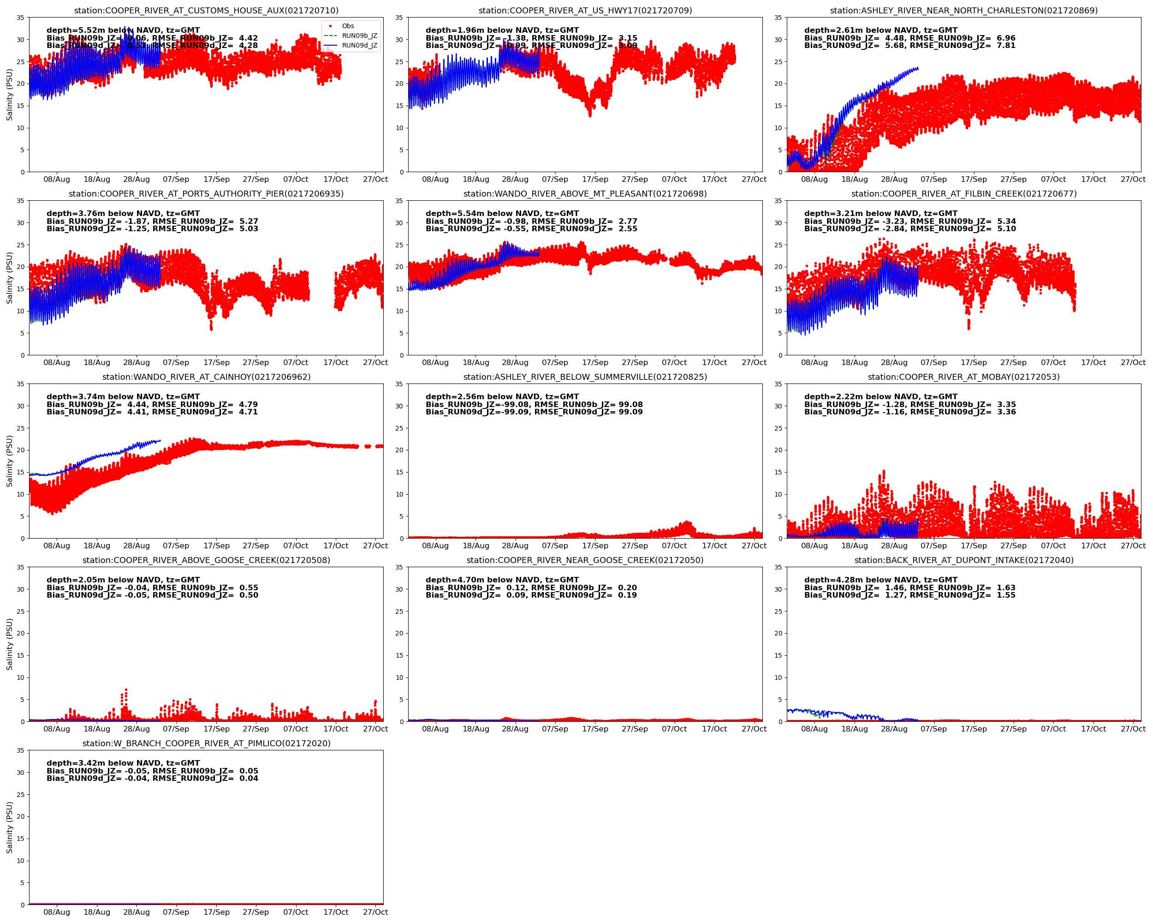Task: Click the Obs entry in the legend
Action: [x=348, y=26]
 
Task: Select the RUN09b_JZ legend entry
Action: [x=359, y=36]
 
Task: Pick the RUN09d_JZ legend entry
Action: [x=359, y=46]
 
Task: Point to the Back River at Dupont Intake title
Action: [x=964, y=560]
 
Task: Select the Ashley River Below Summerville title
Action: [x=585, y=377]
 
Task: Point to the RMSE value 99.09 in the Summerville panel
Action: [x=630, y=412]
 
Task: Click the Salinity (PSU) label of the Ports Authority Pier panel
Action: [x=9, y=278]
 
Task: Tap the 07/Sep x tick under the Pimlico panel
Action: [x=176, y=912]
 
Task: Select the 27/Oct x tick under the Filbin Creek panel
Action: [x=1133, y=362]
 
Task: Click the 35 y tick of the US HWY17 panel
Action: [x=399, y=18]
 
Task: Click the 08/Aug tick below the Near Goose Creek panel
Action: [x=435, y=729]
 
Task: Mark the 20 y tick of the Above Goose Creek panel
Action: [x=20, y=633]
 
